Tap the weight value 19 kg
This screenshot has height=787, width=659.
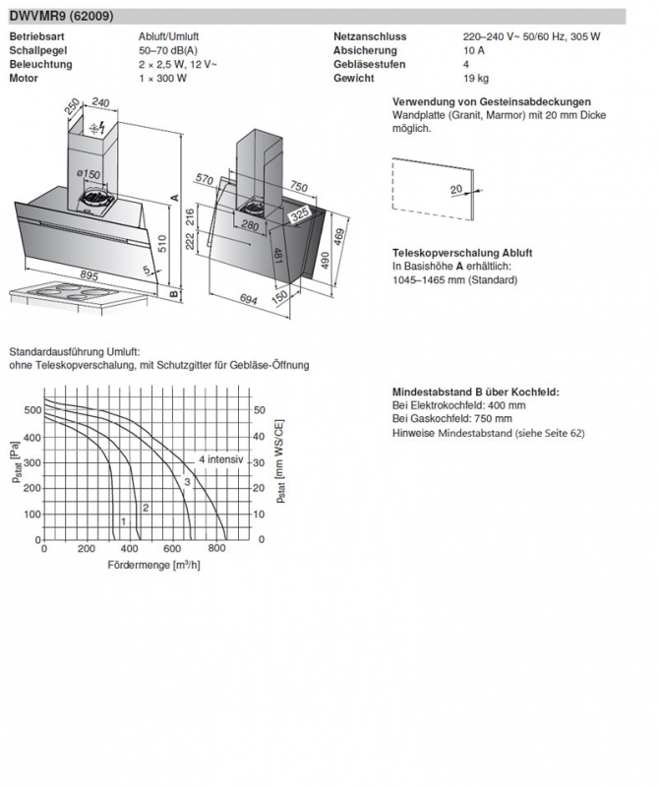[476, 77]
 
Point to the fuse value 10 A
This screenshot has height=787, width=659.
[474, 49]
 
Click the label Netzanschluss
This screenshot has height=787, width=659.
[370, 36]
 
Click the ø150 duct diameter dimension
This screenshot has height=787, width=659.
[90, 174]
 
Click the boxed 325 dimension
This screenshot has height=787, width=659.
[301, 212]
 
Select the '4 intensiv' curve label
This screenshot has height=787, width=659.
[220, 459]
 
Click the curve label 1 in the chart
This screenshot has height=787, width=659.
[123, 519]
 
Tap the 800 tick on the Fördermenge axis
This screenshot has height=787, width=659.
[216, 549]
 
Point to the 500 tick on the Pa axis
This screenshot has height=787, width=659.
[31, 410]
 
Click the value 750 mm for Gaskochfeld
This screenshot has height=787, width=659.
[492, 418]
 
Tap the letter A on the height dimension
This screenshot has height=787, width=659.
[174, 198]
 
